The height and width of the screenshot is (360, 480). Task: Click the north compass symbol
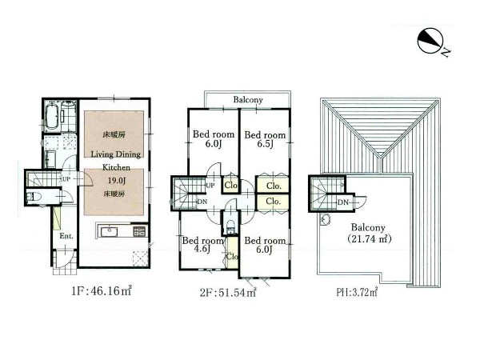[x=430, y=41]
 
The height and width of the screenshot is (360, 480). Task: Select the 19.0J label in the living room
[x=116, y=180]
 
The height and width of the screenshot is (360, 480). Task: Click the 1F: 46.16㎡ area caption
[x=102, y=291]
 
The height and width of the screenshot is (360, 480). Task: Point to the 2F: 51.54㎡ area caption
[x=228, y=293]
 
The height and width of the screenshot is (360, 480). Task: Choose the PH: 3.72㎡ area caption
[x=357, y=292]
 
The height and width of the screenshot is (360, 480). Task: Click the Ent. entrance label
[x=66, y=236]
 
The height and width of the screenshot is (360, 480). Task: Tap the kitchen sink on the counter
[x=110, y=232]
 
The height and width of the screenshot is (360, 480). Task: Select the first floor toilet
[x=32, y=197]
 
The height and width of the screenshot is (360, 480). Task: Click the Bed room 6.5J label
[x=265, y=139]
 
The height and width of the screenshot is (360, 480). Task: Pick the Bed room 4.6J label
[x=202, y=245]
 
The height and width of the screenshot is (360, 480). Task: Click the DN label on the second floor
[x=202, y=202]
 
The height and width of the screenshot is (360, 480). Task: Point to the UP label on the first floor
[x=66, y=179]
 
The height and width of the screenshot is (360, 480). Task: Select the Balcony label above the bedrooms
[x=248, y=100]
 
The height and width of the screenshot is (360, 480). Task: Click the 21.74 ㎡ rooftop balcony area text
[x=370, y=238]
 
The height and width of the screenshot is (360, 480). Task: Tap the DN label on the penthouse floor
[x=343, y=202]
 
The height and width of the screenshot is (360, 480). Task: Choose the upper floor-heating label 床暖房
[x=114, y=134]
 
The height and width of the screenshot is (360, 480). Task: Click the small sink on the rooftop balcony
[x=326, y=219]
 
